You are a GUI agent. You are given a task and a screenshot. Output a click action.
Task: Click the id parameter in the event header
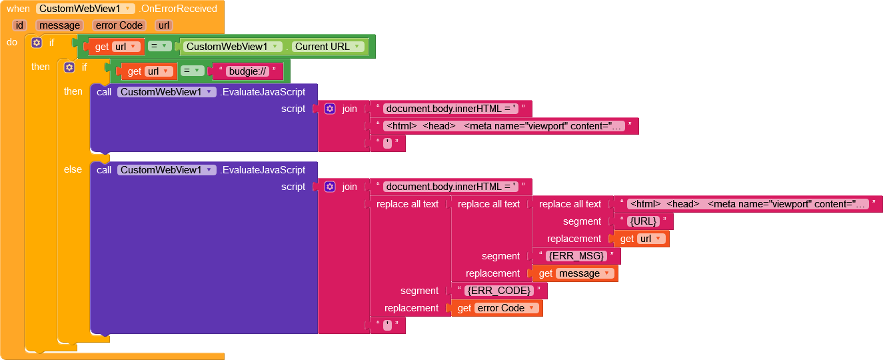tap(19, 25)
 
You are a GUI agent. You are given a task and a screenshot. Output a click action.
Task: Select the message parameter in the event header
tap(59, 25)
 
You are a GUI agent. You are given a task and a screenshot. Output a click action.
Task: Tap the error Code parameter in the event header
tap(118, 25)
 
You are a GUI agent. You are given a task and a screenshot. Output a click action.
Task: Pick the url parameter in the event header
tap(163, 25)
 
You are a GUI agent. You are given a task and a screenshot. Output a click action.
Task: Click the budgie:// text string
tap(248, 71)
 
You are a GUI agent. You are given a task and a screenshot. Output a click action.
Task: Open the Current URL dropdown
tap(329, 47)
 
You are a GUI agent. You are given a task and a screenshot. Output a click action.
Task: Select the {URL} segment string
tap(643, 221)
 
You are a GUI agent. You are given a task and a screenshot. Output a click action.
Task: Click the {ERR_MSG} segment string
tap(576, 256)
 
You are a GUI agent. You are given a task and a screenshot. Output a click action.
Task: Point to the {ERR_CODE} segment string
tap(498, 291)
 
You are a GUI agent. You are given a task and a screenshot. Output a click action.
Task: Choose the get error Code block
tap(496, 308)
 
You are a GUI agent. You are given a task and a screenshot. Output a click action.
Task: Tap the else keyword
tap(73, 169)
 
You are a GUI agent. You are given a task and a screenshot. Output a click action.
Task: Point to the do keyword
tap(12, 42)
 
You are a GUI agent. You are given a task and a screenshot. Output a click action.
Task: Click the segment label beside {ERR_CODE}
tap(419, 291)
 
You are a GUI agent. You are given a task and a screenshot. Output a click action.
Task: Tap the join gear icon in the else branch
tap(330, 187)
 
